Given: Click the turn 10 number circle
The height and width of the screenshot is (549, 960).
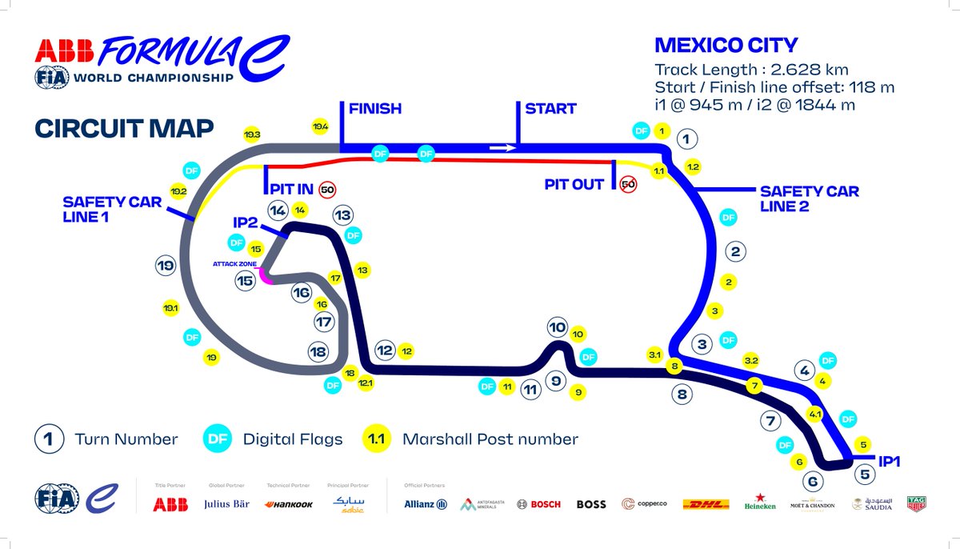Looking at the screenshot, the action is [558, 327].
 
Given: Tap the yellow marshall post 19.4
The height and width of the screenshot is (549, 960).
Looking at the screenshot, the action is [320, 126].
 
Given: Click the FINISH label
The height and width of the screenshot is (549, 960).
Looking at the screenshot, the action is [374, 108].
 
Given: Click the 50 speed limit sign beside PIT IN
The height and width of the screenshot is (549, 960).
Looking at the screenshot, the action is [326, 190].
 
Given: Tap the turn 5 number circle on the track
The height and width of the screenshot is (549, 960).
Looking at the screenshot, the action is [863, 474].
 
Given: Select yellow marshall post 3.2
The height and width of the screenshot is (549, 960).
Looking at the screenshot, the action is [751, 361].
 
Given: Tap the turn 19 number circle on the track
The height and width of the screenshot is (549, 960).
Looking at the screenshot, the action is [165, 266].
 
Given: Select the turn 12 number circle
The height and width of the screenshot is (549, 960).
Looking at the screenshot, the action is [385, 350].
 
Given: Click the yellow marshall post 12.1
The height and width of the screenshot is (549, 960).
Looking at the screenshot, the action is [366, 384].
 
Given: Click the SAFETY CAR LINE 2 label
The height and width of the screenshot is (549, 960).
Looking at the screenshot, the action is [809, 198].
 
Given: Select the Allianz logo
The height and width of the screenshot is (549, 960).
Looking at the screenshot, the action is [425, 504].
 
